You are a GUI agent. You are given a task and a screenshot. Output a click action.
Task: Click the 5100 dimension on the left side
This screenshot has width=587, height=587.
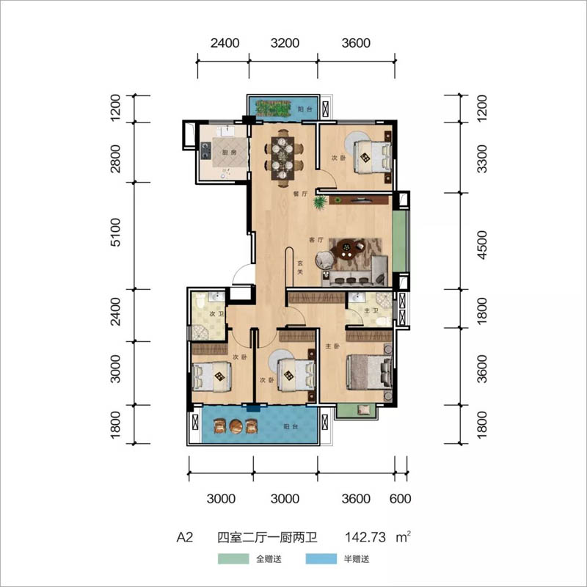pyautogui.click(x=116, y=233)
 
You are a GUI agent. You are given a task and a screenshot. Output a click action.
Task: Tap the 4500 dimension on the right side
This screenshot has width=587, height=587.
pyautogui.click(x=483, y=245)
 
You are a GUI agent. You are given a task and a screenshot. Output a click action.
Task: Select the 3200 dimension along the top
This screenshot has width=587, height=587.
pyautogui.click(x=285, y=43)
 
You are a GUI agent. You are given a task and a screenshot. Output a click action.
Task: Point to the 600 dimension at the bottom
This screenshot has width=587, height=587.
pyautogui.click(x=400, y=499)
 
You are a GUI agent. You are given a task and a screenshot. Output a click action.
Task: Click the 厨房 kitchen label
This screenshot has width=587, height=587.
pyautogui.click(x=229, y=153)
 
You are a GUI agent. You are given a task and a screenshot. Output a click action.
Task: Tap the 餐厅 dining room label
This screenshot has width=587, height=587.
pyautogui.click(x=300, y=194)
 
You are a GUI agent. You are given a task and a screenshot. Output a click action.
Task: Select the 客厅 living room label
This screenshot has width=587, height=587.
pyautogui.click(x=316, y=240)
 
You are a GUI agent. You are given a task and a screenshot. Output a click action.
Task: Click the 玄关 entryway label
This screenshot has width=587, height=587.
pyautogui.click(x=300, y=267)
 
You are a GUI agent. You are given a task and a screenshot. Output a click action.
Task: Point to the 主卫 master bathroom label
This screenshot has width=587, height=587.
pyautogui.click(x=371, y=310)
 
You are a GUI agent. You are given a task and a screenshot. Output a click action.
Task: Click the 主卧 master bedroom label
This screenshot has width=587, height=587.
pyautogui.click(x=332, y=346)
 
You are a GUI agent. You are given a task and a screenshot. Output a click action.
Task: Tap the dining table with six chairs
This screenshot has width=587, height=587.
pyautogui.click(x=282, y=158)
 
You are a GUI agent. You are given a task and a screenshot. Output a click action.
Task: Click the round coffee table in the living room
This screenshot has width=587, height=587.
pyautogui.click(x=346, y=249)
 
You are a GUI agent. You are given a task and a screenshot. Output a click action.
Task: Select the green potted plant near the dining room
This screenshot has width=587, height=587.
pyautogui.click(x=320, y=203)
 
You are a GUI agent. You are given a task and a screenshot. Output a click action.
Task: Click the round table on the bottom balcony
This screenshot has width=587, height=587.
pyautogui.click(x=236, y=426)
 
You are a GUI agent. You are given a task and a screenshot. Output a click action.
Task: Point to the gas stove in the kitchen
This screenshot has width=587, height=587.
pyautogui.click(x=205, y=150)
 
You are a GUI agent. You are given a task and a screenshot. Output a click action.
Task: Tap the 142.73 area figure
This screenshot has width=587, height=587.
pyautogui.click(x=365, y=537)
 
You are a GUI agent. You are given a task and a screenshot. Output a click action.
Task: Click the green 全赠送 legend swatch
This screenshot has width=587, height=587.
pyautogui.click(x=233, y=558)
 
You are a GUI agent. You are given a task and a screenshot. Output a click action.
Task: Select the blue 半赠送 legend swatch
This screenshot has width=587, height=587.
pyautogui.click(x=321, y=558)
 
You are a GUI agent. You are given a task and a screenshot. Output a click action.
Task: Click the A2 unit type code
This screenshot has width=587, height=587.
pyautogui.click(x=185, y=537)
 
